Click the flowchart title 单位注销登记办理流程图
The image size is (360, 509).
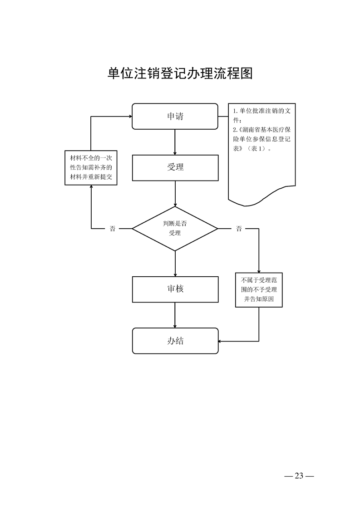[x=180, y=73]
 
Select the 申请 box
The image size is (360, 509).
[x=175, y=116]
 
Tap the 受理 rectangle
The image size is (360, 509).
[x=175, y=167]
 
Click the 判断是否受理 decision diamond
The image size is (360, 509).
[x=175, y=228]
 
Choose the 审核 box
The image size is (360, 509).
[x=175, y=289]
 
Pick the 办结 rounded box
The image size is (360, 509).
[x=175, y=341]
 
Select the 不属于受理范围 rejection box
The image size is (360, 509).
[x=259, y=289]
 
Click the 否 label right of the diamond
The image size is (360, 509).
[x=239, y=229]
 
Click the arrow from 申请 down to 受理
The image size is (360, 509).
[x=175, y=142]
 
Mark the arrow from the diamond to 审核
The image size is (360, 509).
[x=175, y=263]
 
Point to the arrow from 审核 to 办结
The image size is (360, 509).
[x=175, y=315]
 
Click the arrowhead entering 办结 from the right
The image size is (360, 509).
[x=220, y=341]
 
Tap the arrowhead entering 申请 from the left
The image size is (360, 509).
[x=129, y=116]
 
